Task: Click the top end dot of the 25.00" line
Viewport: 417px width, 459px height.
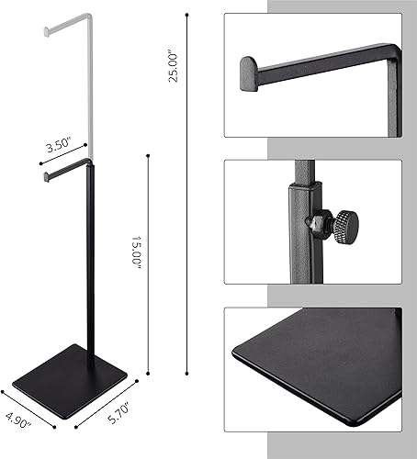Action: (x=188, y=14)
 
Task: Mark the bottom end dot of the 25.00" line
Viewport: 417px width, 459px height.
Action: (x=188, y=374)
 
